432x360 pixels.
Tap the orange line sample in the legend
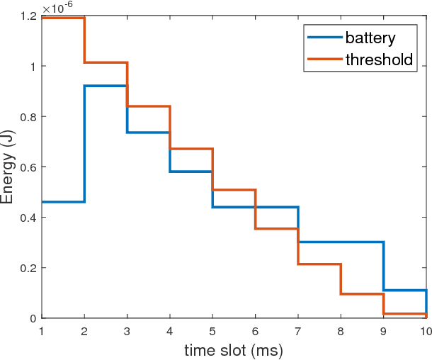click(324, 60)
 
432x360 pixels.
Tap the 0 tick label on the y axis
click(33, 318)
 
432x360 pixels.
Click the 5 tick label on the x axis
click(212, 331)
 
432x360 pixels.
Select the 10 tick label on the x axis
click(424, 331)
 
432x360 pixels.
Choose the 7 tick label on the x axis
click(298, 331)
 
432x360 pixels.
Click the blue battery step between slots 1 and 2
click(63, 202)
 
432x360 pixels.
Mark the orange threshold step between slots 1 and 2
click(63, 18)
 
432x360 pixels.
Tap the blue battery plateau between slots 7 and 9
click(341, 242)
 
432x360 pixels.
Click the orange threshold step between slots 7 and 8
click(319, 264)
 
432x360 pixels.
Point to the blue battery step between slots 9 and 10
click(404, 291)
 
